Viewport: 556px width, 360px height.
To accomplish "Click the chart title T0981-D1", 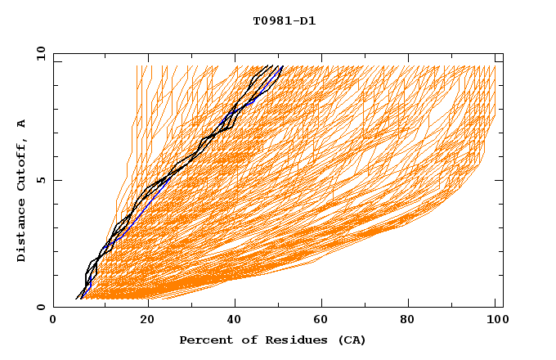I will pos(284,21).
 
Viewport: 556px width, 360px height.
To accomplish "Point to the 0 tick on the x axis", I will pos(53,320).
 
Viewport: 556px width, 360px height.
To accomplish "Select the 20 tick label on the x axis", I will pos(147,320).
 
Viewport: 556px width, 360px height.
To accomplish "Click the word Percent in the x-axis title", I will pos(204,340).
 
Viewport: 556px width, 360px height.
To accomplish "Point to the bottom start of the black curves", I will pos(78,299).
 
